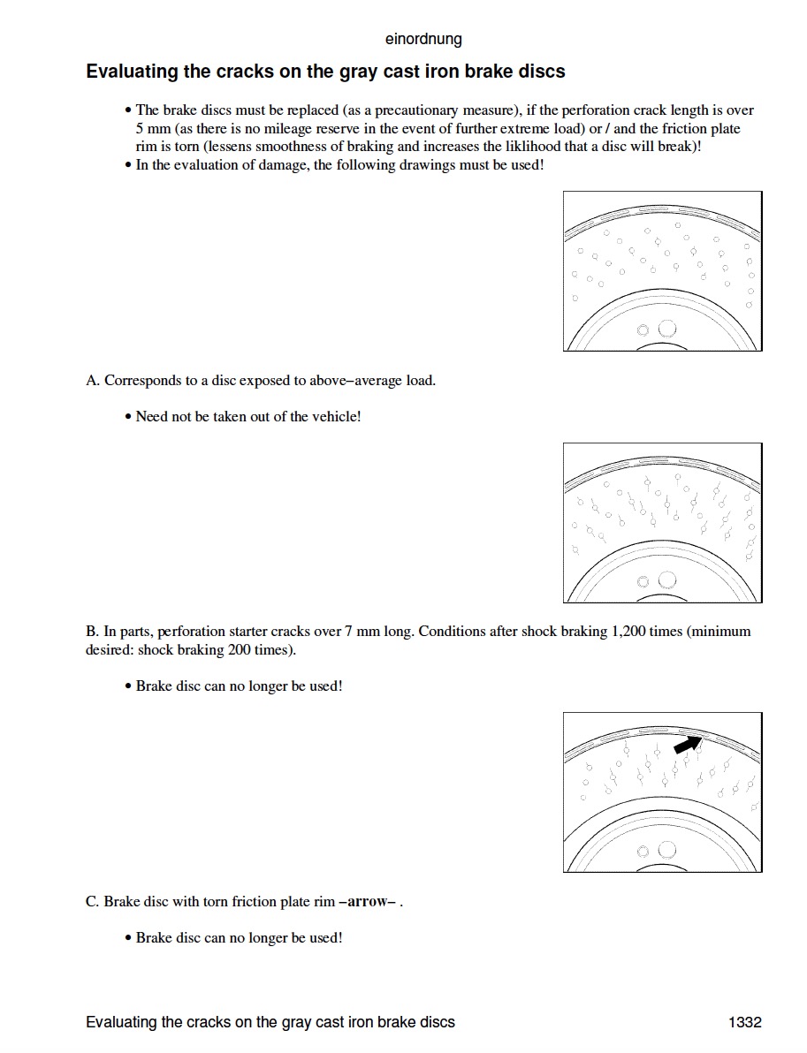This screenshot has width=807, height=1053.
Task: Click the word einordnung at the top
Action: [x=423, y=39]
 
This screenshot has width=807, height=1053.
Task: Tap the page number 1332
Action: [x=745, y=1022]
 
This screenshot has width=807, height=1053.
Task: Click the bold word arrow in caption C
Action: [x=367, y=901]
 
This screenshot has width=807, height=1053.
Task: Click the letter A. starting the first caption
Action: [x=93, y=380]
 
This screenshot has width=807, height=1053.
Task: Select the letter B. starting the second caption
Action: [x=92, y=632]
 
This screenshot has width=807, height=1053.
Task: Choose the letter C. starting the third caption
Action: [x=92, y=901]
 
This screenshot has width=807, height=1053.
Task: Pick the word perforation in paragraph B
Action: [x=192, y=632]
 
